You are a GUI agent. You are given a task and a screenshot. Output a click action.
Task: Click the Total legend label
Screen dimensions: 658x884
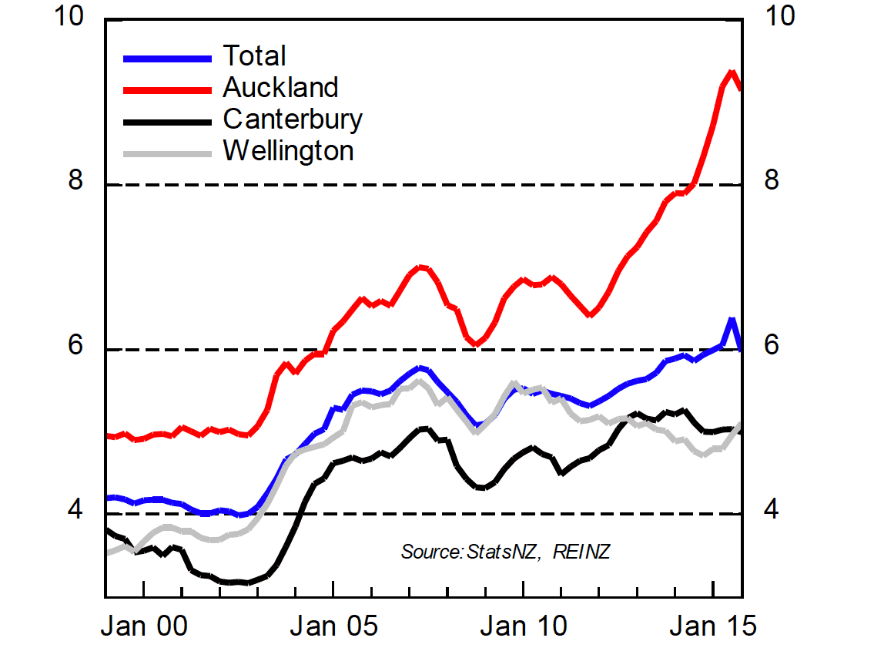pos(254,56)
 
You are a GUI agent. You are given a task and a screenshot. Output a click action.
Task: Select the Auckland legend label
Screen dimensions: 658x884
pos(280,88)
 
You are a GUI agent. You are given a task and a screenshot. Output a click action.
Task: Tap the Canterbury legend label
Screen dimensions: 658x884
pos(293,119)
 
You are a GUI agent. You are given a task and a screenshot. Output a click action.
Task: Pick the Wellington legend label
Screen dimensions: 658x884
pos(288,150)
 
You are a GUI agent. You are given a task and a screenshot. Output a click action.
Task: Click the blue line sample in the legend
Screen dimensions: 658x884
pos(167,58)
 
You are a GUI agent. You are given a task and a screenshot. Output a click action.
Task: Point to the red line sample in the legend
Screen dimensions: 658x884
pos(167,89)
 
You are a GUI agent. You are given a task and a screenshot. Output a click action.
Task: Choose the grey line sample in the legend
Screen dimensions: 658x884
pos(167,153)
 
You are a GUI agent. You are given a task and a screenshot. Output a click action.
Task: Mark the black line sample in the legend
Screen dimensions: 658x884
pos(167,121)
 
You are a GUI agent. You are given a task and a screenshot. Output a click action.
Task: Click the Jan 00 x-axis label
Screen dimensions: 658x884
pos(145,626)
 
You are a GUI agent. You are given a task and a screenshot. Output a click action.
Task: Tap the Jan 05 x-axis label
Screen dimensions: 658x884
pos(333,626)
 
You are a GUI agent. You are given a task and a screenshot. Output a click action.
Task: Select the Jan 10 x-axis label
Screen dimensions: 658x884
pos(524,626)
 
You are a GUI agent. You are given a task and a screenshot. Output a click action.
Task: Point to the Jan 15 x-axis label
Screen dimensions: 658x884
pos(713,626)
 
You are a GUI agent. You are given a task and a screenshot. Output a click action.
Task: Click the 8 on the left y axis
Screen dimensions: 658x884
pos(75,182)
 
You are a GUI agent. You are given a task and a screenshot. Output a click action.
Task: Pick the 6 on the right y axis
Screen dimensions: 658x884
pos(769,347)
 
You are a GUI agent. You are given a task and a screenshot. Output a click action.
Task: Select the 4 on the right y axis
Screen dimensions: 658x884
pos(769,511)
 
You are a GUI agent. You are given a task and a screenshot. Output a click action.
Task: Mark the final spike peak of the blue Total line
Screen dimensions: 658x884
pos(732,319)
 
